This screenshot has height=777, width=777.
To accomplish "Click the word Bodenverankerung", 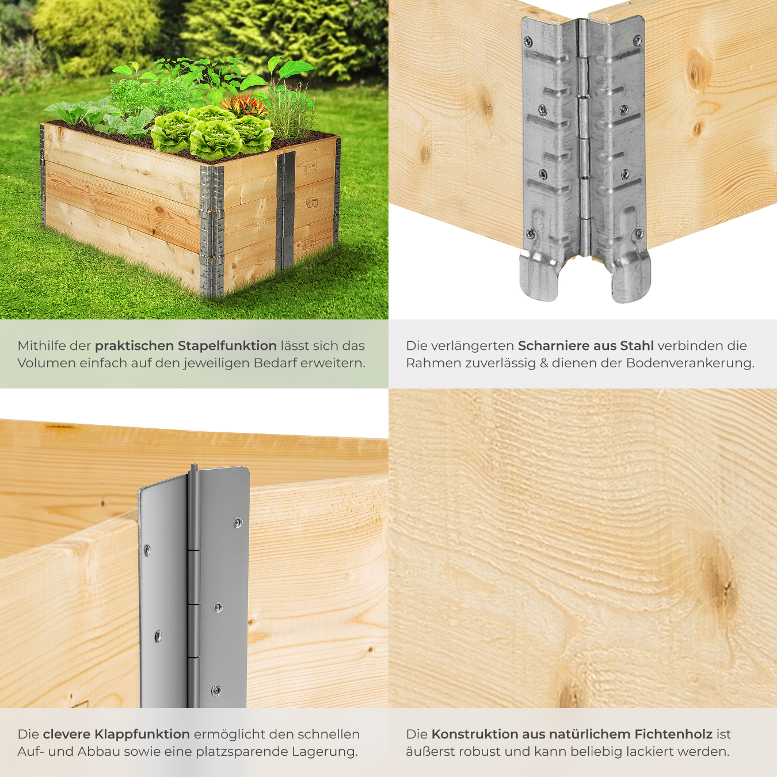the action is tap(690, 363).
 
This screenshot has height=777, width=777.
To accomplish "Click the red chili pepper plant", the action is tap(245, 104).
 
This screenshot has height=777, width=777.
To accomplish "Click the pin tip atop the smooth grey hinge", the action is tap(194, 467).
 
